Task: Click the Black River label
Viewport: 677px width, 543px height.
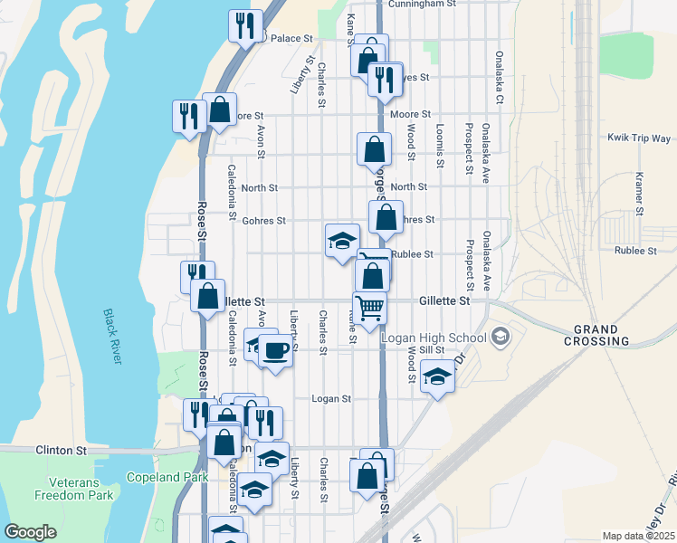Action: point(111,336)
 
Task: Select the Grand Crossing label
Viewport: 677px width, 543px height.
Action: point(596,335)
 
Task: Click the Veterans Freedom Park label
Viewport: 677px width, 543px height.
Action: point(74,489)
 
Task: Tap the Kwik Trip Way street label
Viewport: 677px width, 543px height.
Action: point(639,138)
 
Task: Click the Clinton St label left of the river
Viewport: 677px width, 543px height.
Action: point(61,449)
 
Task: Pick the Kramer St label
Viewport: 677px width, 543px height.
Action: point(639,194)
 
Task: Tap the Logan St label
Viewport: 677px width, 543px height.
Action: point(330,398)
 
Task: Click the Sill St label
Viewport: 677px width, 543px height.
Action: point(429,349)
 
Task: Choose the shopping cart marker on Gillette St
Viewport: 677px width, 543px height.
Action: point(369,309)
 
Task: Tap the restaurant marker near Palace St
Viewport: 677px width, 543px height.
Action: point(245,26)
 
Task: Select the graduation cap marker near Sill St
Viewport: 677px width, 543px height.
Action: point(437,376)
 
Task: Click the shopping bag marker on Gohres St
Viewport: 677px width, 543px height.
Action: point(386,218)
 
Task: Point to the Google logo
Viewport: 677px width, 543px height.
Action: point(31,532)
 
